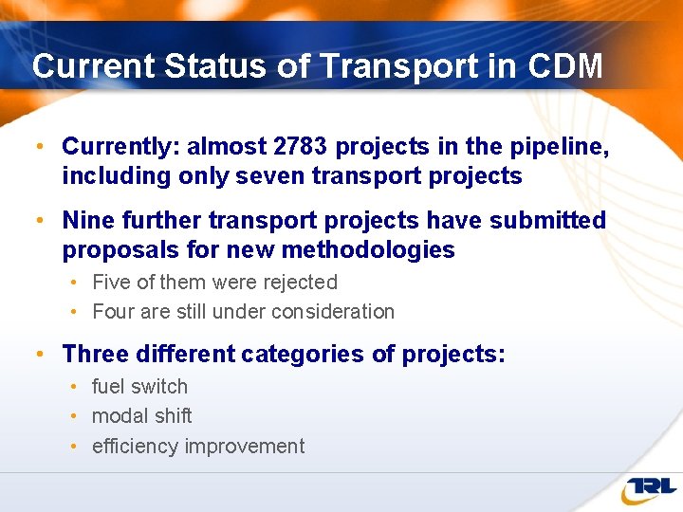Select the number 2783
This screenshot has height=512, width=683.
coord(302,147)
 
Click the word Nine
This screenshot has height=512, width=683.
coord(88,221)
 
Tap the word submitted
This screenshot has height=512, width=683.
coord(547,221)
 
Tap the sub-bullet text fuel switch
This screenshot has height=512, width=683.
coord(139,387)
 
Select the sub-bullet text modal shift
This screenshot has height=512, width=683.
coord(141,416)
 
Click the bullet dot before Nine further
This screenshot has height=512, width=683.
coord(39,221)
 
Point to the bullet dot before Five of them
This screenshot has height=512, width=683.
coord(74,283)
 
